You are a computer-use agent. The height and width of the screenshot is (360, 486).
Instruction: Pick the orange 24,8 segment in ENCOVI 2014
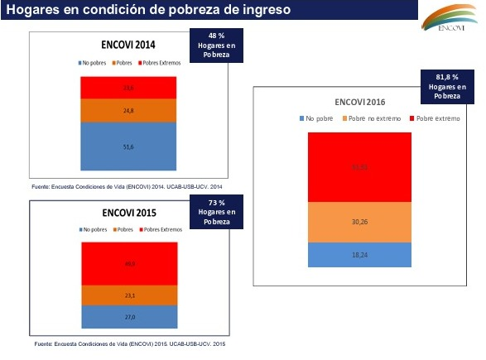(x=128, y=110)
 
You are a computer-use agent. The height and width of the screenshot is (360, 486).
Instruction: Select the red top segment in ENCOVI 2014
(x=128, y=87)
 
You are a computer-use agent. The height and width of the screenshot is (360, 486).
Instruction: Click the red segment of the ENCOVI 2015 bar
(x=128, y=264)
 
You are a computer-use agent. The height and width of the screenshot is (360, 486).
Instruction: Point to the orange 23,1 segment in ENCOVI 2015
(x=128, y=295)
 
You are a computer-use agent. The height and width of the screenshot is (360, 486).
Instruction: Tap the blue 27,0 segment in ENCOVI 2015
(x=128, y=315)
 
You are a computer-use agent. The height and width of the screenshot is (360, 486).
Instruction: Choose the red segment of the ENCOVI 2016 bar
(x=359, y=168)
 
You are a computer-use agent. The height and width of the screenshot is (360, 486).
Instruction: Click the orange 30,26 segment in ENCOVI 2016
(x=359, y=223)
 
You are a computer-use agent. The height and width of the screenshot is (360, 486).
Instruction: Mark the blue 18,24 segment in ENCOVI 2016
(x=359, y=255)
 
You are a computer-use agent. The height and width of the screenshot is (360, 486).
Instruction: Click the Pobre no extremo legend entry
(x=373, y=119)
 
